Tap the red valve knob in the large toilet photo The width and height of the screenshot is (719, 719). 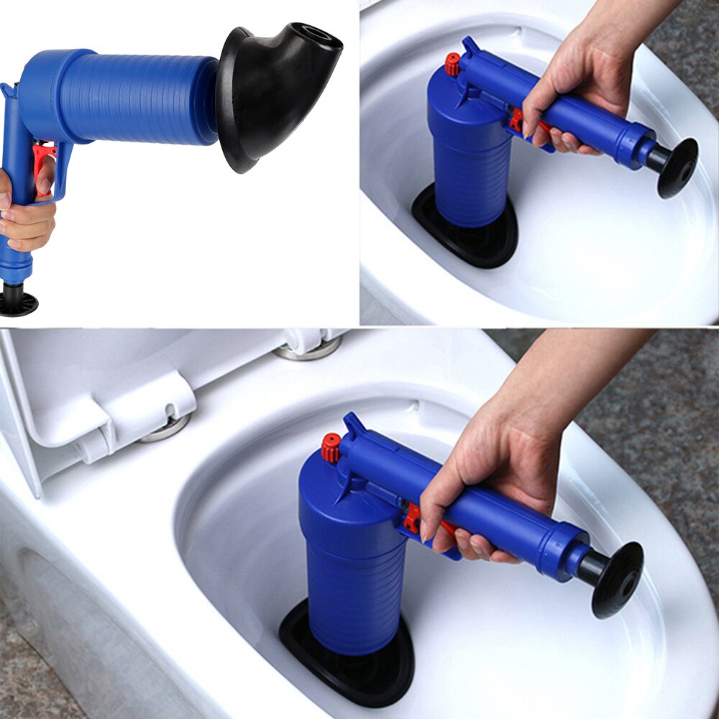pos(331,447)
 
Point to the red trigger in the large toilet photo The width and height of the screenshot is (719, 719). pos(413,519)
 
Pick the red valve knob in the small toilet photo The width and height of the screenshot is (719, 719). pos(452,64)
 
